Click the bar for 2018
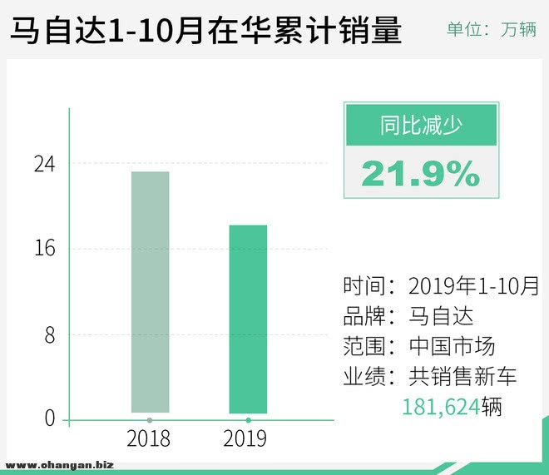[x=150, y=291]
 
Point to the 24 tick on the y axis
[x=44, y=164]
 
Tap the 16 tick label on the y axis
[x=44, y=248]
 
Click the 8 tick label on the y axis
[x=50, y=334]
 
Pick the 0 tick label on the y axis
[x=50, y=418]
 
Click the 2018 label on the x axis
[x=150, y=438]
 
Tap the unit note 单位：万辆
[x=491, y=30]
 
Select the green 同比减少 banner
[x=421, y=126]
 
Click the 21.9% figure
[x=421, y=173]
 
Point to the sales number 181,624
[x=442, y=408]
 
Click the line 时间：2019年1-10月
[x=441, y=286]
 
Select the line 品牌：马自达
[x=408, y=316]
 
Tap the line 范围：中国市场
[x=418, y=346]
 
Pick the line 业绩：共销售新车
[x=429, y=376]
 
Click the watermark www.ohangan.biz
[x=59, y=465]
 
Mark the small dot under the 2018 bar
[x=150, y=420]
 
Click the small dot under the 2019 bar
[x=248, y=420]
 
